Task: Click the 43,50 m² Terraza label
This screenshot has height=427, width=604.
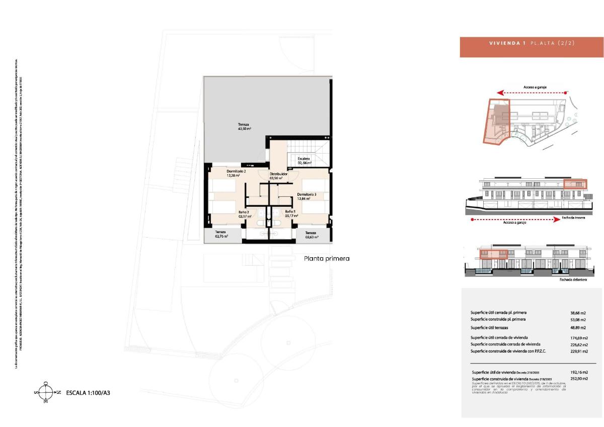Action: (244, 127)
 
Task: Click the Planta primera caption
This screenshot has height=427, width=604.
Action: (327, 258)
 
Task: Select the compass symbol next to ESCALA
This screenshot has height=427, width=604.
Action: (45, 392)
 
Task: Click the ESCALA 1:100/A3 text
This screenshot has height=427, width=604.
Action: (88, 392)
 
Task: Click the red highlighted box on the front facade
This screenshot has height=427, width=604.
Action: (493, 254)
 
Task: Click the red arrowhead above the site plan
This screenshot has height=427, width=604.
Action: (499, 93)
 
